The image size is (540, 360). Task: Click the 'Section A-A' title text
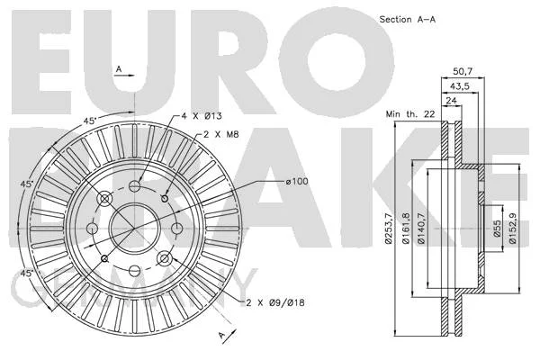(408, 20)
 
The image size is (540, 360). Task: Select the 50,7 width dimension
(463, 72)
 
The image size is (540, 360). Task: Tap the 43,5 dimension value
(460, 86)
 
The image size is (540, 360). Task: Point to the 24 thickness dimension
(451, 101)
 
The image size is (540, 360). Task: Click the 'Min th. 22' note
(410, 114)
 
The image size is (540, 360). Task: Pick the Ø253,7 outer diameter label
(389, 229)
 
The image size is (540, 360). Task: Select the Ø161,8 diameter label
(406, 229)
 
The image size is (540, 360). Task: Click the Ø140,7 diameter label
(421, 229)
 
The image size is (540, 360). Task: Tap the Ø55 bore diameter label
(497, 229)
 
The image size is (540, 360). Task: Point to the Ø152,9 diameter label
(512, 229)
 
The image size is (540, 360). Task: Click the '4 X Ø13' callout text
(202, 116)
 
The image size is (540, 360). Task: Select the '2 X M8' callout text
(221, 134)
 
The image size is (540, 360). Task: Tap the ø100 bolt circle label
(297, 181)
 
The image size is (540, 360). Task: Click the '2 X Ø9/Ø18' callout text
(275, 303)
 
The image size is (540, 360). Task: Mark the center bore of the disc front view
(134, 228)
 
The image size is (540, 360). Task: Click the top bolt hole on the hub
(135, 186)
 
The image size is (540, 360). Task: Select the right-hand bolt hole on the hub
(176, 228)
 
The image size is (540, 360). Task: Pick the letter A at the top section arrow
(119, 69)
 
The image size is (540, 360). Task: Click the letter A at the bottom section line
(221, 334)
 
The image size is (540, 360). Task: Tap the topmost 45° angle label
(90, 121)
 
